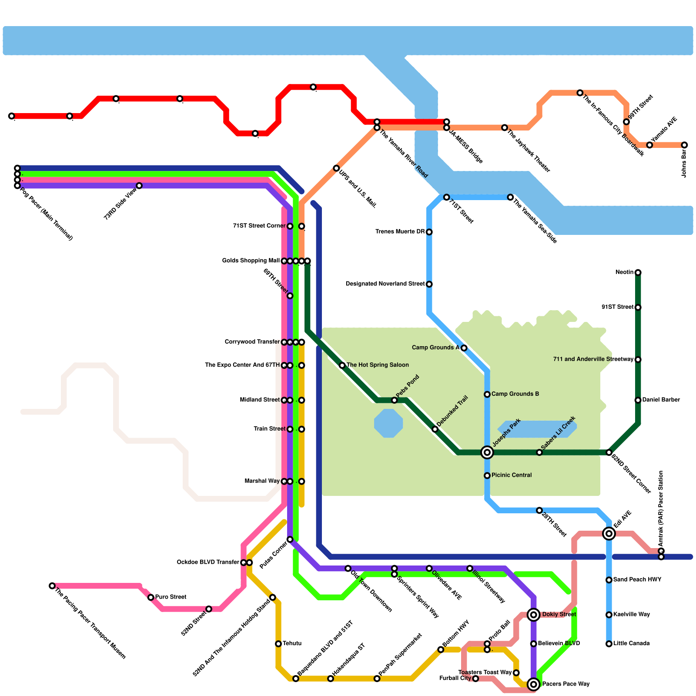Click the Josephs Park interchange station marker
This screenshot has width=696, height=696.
(x=487, y=452)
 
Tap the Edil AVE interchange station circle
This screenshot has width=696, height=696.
(x=609, y=533)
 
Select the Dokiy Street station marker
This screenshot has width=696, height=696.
(x=533, y=615)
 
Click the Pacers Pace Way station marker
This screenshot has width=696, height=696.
(x=533, y=684)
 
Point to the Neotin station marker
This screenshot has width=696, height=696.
(x=638, y=273)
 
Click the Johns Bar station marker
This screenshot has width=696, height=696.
(x=684, y=145)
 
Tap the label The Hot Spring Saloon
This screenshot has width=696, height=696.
(x=378, y=365)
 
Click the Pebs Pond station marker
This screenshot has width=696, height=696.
(x=394, y=400)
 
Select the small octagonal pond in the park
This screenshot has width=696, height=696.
(x=388, y=423)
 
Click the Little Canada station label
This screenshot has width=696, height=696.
(x=631, y=643)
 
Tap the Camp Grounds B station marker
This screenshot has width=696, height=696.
(x=487, y=394)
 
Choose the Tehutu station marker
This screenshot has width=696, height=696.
(x=278, y=644)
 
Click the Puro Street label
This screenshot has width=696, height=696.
(x=171, y=597)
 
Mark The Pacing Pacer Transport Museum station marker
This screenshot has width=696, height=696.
(x=52, y=586)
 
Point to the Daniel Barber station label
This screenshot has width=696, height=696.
(x=661, y=400)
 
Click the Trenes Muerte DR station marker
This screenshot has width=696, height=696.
(x=429, y=232)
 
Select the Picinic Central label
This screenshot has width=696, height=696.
(x=512, y=475)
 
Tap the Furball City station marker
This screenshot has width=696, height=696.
(x=475, y=679)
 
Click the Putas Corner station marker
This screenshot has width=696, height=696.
(x=290, y=539)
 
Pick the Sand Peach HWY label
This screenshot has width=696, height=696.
(x=637, y=579)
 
